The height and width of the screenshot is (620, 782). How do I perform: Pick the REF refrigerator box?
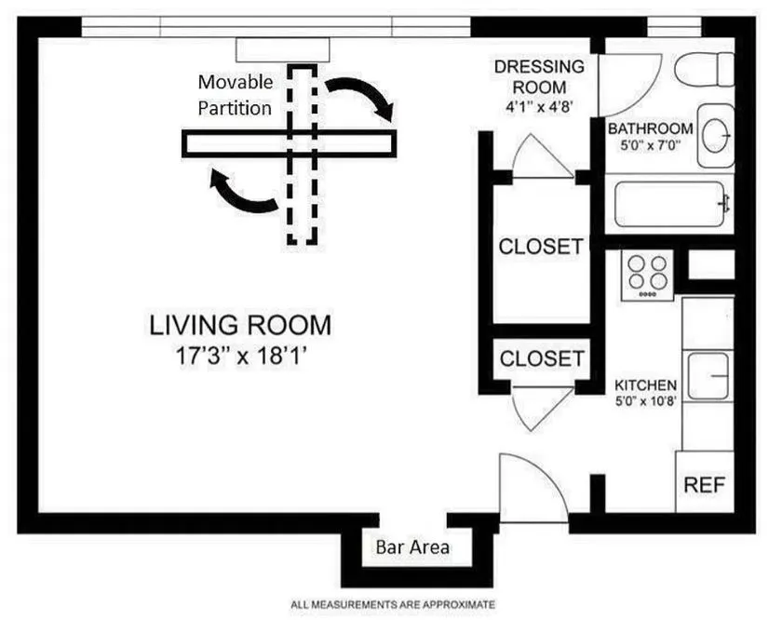(704, 485)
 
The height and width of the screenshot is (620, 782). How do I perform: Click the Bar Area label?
(411, 546)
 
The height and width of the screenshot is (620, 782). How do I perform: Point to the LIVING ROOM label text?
(240, 326)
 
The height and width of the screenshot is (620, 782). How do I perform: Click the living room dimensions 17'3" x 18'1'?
(240, 355)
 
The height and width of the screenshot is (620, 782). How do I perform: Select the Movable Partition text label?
(235, 96)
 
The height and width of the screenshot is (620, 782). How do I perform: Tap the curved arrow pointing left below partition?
(241, 191)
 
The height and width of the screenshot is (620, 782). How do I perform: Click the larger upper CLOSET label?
(541, 247)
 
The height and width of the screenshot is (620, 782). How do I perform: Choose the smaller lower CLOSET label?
(541, 358)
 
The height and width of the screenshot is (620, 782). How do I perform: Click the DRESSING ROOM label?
(539, 76)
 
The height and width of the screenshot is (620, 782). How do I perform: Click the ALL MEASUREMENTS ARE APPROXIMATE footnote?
(392, 603)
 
